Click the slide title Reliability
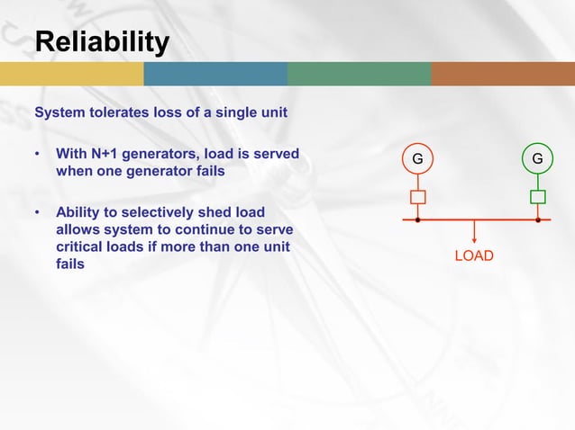click(x=101, y=41)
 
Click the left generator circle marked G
click(x=417, y=159)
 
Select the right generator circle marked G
click(x=537, y=159)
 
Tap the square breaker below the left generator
click(x=417, y=197)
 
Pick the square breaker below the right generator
click(x=538, y=197)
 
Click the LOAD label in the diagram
click(x=473, y=256)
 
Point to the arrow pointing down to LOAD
click(x=474, y=233)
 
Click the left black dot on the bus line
click(x=417, y=219)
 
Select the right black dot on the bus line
click(x=538, y=219)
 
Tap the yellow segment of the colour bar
click(x=72, y=74)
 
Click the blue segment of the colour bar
click(x=215, y=74)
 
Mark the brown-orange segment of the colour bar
click(x=502, y=74)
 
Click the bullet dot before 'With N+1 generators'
click(x=39, y=154)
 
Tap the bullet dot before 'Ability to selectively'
click(x=39, y=213)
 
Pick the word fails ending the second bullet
click(x=70, y=264)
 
